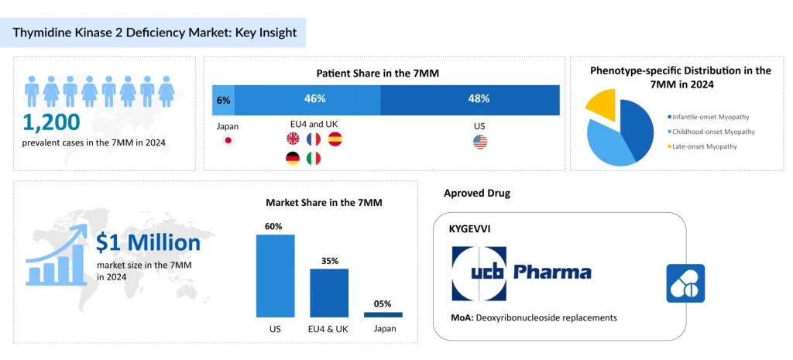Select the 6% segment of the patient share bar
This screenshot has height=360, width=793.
pos(223,99)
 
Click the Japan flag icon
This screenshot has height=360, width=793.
pos(228,140)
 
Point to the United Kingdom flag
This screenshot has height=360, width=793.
pos(294,139)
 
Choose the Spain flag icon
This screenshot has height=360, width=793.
pos(335,139)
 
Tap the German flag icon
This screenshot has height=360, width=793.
pos(294,159)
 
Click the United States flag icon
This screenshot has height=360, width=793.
pos(480,141)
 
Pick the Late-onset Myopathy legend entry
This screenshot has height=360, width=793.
pos(704,146)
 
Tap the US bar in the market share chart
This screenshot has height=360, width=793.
pos(275,276)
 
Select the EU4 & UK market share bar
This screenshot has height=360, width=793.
pos(329,293)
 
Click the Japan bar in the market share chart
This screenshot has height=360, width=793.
pos(383,314)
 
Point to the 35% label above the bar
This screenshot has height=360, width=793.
pos(330,261)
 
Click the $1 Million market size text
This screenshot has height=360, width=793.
pos(148,243)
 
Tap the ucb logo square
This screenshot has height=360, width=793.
pos(479,273)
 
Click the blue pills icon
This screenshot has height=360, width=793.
pos(685,283)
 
